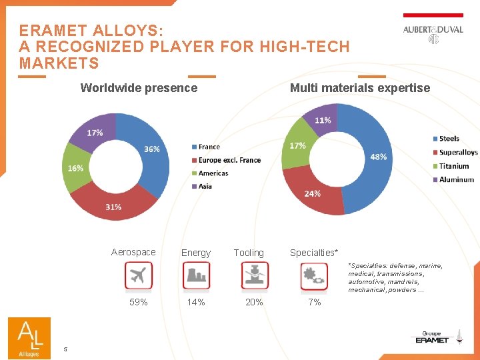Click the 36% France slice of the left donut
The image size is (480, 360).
coord(152,149)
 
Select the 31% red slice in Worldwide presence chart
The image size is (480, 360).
coord(114,206)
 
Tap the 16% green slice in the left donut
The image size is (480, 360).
coord(75,168)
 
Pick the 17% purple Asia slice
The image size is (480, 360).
coord(95,133)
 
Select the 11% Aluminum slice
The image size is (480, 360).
coord(323,121)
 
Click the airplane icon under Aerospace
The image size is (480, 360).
coord(139,276)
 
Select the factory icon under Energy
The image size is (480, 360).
coord(196,276)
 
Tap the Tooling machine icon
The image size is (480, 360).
coord(255,276)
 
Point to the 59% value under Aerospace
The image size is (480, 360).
coord(139,302)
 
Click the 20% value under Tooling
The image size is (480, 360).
coord(254,302)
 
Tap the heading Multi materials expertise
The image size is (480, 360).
coord(360,88)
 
